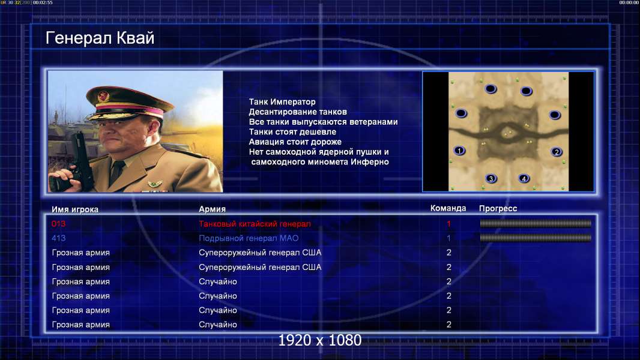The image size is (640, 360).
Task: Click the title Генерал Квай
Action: point(100,38)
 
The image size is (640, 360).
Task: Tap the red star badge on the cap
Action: point(103,97)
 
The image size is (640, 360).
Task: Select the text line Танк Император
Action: point(282,102)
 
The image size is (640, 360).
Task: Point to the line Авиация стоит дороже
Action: point(295,142)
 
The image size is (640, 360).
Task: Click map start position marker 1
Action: point(459,151)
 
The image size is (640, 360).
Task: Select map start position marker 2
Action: point(557,152)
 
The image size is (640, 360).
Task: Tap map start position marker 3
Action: point(491,178)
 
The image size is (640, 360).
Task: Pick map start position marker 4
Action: point(524,178)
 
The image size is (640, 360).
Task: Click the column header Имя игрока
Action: point(74,209)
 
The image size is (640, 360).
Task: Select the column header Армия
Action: point(213,209)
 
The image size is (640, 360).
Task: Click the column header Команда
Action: point(448,208)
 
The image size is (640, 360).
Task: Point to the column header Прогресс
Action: point(498,209)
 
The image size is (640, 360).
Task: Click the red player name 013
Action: point(58,223)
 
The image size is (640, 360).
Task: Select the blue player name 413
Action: point(58,238)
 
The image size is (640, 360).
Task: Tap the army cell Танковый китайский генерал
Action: point(255,224)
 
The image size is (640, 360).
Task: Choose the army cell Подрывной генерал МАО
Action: point(249,238)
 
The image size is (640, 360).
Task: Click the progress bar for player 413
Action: point(536,238)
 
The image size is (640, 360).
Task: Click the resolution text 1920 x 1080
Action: point(320,340)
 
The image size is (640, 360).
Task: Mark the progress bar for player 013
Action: point(536,223)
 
